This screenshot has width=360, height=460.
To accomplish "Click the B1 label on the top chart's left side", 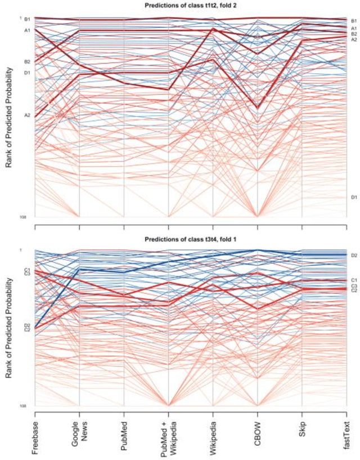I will [27, 19].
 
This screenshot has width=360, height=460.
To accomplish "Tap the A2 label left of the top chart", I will [27, 115].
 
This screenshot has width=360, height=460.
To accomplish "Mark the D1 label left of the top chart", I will [27, 73].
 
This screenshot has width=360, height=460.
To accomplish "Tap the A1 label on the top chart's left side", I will [27, 30].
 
